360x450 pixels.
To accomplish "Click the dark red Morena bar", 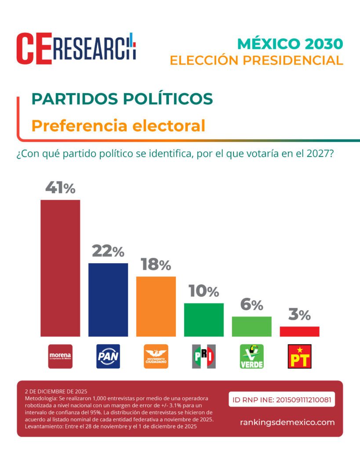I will point(60,268).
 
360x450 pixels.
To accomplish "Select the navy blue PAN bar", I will point(108,300).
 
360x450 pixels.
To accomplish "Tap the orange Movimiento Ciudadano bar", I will point(156,306).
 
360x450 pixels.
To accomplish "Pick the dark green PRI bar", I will point(204,319).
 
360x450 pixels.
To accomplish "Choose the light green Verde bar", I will point(251,326).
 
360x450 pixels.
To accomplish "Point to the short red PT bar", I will point(299,331).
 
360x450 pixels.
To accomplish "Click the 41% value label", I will point(60,188).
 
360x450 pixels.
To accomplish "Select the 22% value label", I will point(108,251).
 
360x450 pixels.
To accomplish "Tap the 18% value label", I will point(156,265).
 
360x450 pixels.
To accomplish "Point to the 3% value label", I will point(299,315).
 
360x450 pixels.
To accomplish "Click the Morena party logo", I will point(60,356).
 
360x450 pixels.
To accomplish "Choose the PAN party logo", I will point(108,356).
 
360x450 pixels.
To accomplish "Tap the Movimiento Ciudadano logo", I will point(156,356).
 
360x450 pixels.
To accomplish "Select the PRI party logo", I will point(204,356).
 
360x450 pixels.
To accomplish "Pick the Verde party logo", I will point(251,356).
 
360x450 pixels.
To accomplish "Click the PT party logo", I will point(299,356).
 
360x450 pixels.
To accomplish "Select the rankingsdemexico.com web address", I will point(287,422).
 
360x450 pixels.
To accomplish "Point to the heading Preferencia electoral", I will point(118,126).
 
